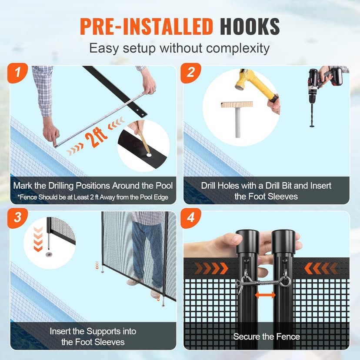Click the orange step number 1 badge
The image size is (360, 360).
pyautogui.click(x=17, y=73)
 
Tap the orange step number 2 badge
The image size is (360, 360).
pyautogui.click(x=190, y=73)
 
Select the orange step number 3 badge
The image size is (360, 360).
pyautogui.click(x=17, y=218)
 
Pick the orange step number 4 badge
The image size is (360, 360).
pyautogui.click(x=190, y=218)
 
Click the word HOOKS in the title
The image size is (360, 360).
pyautogui.click(x=250, y=27)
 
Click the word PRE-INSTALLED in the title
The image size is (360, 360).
pyautogui.click(x=147, y=27)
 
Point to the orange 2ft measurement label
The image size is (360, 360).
pyautogui.click(x=96, y=137)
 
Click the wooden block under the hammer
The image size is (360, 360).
pyautogui.click(x=237, y=104)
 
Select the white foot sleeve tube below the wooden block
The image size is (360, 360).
pyautogui.click(x=238, y=123)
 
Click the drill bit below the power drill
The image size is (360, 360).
pyautogui.click(x=312, y=115)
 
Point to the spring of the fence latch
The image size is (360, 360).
pyautogui.click(x=269, y=283)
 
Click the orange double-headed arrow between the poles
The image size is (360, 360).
pyautogui.click(x=265, y=295)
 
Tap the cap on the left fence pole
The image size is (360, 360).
pyautogui.click(x=247, y=241)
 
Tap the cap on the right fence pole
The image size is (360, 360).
pyautogui.click(x=283, y=241)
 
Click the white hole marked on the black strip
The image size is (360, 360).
pyautogui.click(x=149, y=155)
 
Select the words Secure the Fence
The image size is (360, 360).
pyautogui.click(x=267, y=337)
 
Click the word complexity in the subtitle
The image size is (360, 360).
pyautogui.click(x=238, y=49)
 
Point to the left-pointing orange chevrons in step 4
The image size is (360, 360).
pyautogui.click(x=321, y=268)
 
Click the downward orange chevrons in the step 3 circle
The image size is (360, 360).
pyautogui.click(x=38, y=239)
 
